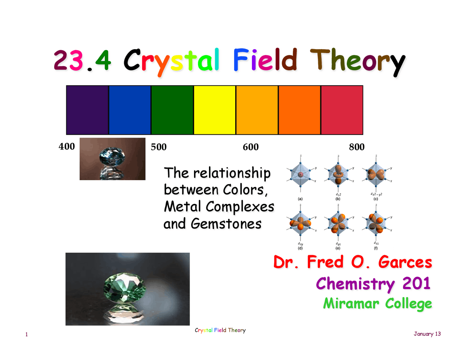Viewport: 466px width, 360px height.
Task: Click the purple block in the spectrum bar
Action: [x=87, y=110]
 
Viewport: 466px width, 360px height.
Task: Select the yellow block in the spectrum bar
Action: [x=214, y=110]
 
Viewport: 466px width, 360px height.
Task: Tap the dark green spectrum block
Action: [x=172, y=110]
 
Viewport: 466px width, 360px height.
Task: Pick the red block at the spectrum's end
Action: [x=342, y=110]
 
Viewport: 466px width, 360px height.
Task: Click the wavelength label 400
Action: [x=67, y=146]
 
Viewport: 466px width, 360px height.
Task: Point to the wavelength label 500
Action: [x=159, y=147]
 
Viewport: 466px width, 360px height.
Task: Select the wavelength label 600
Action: [x=251, y=147]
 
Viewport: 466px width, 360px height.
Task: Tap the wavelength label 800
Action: [x=357, y=147]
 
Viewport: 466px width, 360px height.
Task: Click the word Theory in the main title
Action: [x=358, y=61]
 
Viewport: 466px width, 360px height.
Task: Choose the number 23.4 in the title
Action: [x=82, y=60]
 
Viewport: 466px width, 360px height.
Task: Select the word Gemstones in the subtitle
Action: [x=226, y=223]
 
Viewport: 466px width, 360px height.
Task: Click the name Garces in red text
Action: [x=405, y=262]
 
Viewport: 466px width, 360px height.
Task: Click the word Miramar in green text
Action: [x=351, y=303]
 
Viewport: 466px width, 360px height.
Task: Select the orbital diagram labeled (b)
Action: [x=338, y=175]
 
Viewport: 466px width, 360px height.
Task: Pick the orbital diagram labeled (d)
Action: [x=300, y=223]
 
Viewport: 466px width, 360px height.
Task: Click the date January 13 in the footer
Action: [x=427, y=334]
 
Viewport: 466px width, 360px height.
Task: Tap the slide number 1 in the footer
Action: [x=27, y=335]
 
